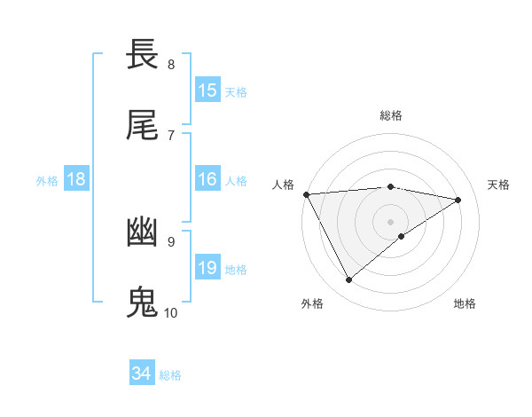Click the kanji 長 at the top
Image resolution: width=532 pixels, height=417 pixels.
[x=143, y=55]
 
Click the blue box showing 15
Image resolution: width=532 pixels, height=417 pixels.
[x=207, y=90]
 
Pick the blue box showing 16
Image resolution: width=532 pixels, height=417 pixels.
[x=207, y=179]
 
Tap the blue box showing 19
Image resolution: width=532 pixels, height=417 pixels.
[x=207, y=268]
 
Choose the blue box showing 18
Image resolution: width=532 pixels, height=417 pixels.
[x=76, y=179]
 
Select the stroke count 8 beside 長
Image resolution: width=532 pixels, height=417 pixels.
[x=171, y=64]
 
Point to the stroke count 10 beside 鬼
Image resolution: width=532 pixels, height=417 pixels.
[x=171, y=312]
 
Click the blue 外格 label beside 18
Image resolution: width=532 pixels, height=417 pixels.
[x=47, y=180]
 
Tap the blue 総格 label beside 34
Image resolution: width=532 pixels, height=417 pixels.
[x=170, y=374]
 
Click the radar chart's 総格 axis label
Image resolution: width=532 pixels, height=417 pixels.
[x=391, y=115]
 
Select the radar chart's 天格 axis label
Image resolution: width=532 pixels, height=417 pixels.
[x=499, y=185]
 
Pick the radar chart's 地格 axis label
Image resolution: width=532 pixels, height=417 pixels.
[x=465, y=303]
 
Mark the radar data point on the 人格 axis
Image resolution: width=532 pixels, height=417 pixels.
[x=306, y=194]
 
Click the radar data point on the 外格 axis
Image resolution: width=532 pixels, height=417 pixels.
[x=348, y=280]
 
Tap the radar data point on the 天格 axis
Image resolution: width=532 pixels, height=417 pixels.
[x=458, y=200]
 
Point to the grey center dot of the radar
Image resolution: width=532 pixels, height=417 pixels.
[x=391, y=221]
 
